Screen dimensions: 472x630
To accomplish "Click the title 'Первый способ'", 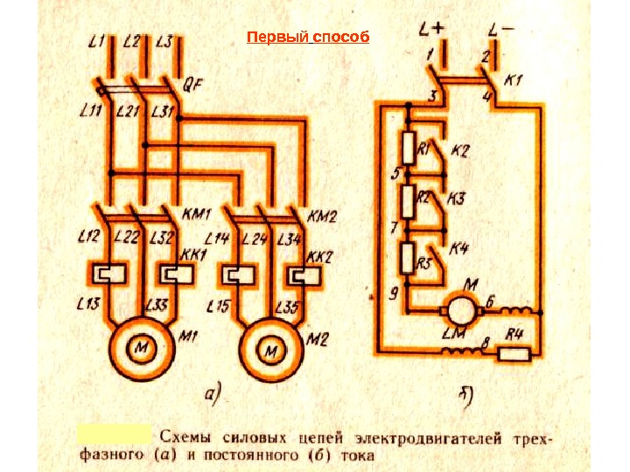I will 308,38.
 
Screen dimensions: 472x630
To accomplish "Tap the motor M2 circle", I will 270,350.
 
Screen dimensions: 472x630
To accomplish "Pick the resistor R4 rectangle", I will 513,353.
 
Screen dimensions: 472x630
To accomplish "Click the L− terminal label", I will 500,31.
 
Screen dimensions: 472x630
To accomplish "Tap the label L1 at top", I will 97,40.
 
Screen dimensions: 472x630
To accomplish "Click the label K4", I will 458,249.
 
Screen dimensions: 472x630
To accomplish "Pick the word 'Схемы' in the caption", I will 184,435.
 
